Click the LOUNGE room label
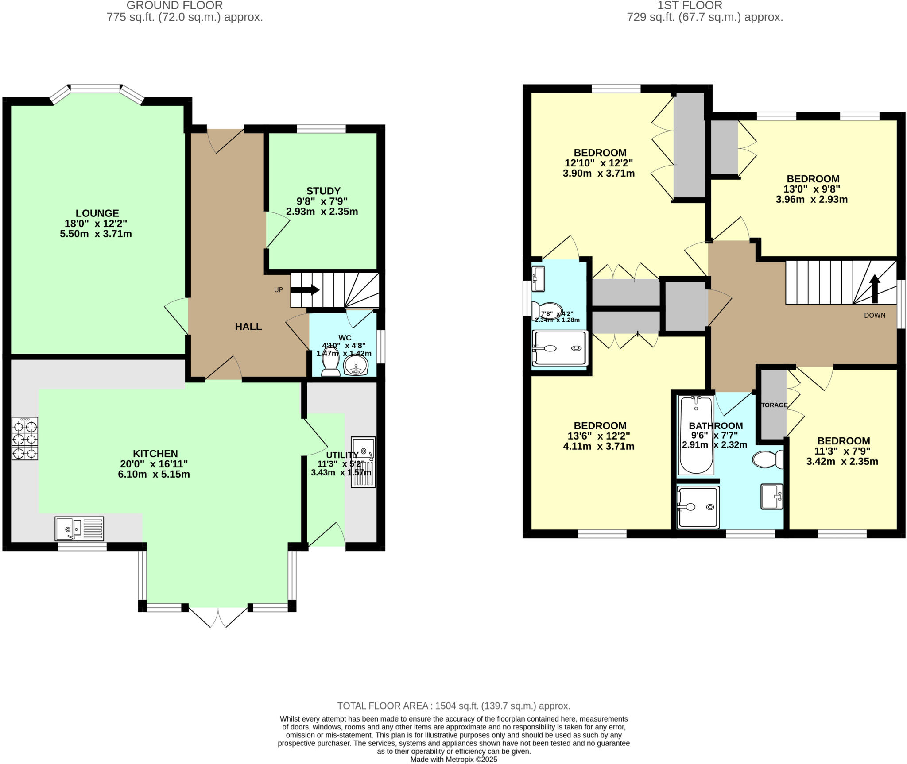(97, 213)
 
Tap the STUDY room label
(323, 191)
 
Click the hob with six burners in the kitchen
(25, 439)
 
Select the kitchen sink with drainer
(79, 529)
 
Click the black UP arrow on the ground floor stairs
(305, 290)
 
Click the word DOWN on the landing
(875, 316)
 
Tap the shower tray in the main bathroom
(698, 507)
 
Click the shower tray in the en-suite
(560, 348)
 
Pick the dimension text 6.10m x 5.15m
(154, 475)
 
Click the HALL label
(248, 327)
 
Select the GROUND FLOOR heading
(174, 6)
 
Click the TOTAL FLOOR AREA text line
(453, 706)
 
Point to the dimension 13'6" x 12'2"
(599, 436)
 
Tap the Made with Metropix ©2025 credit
(453, 760)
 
